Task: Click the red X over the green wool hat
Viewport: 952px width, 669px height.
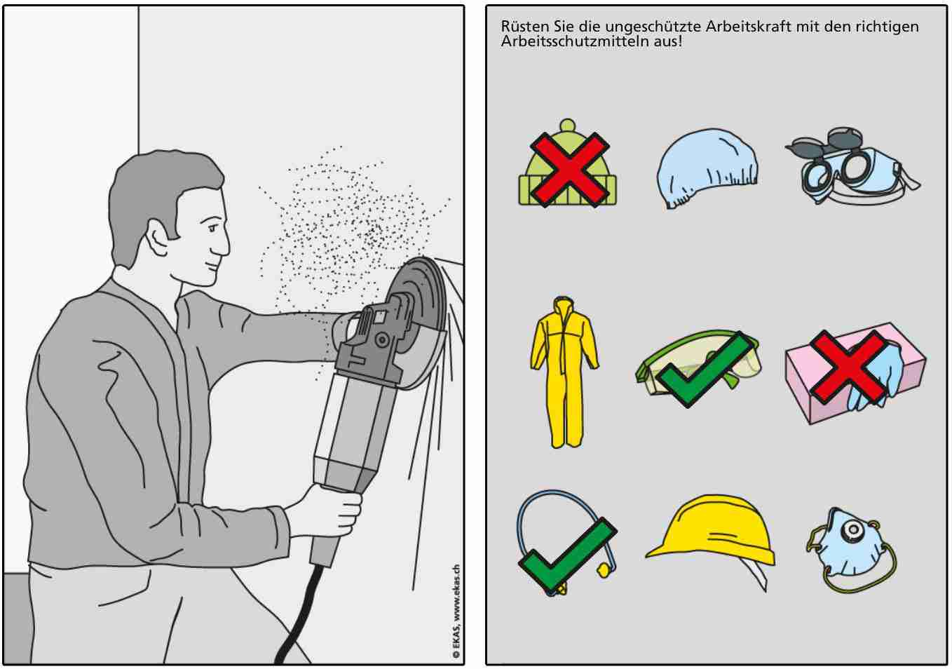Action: pos(570,169)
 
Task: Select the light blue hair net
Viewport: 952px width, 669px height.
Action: pos(707,168)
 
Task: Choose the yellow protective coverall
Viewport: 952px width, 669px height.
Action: pos(564,372)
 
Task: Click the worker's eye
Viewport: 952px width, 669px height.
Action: pos(212,227)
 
